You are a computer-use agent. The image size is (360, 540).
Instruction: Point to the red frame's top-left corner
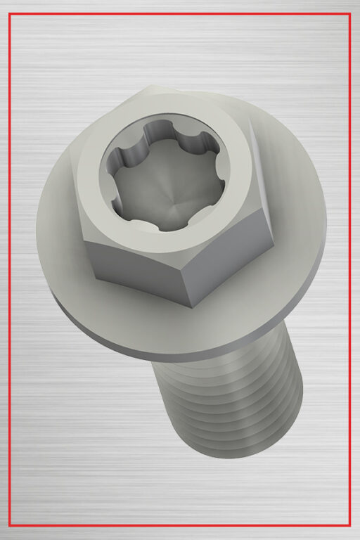(x=9, y=14)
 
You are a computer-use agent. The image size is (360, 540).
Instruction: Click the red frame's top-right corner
(x=349, y=14)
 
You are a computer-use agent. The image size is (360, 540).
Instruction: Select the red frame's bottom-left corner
(x=9, y=525)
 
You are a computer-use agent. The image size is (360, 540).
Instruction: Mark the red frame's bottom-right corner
(x=349, y=525)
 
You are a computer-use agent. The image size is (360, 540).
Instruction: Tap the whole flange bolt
(x=183, y=267)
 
